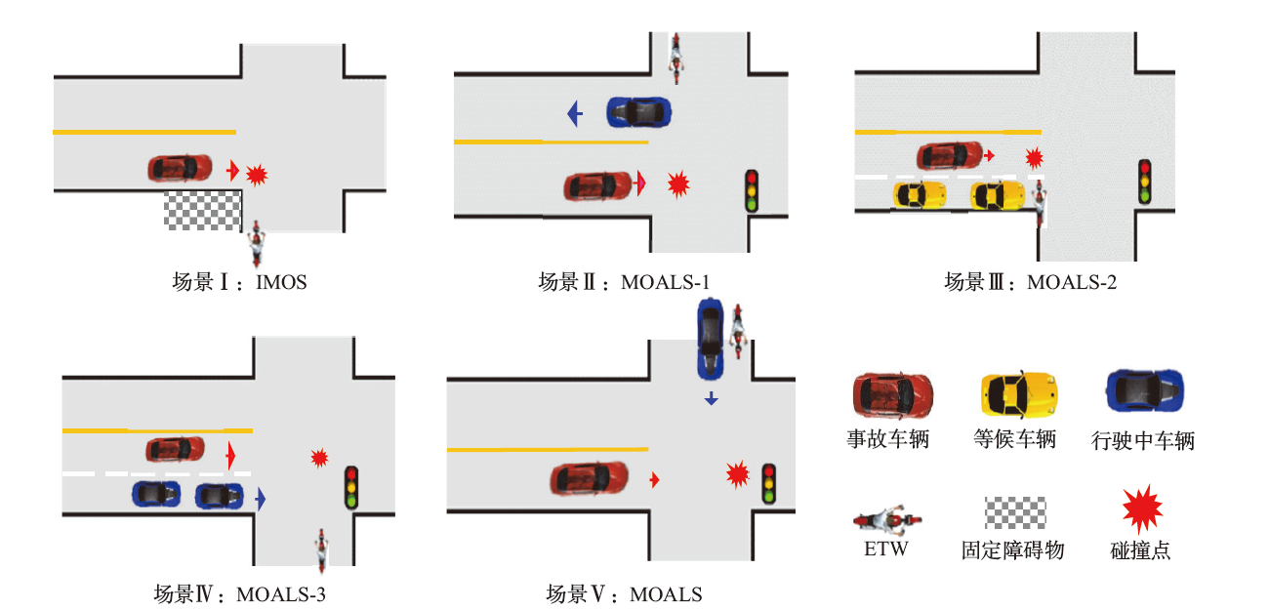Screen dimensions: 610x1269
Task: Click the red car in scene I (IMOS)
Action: tap(180, 168)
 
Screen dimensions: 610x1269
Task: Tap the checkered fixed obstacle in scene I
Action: tap(202, 211)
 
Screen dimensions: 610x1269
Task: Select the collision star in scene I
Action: tap(257, 175)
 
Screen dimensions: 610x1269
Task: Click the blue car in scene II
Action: tap(638, 111)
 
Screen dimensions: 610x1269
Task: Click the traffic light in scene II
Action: tap(752, 191)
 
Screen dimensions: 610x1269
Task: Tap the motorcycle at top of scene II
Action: tap(675, 58)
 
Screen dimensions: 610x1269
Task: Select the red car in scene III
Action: tap(950, 154)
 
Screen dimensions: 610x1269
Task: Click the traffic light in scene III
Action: tap(1145, 181)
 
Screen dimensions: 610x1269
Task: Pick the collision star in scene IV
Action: tap(319, 457)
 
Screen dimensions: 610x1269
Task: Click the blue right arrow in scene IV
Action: tap(261, 499)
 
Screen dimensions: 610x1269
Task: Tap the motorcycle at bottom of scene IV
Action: tap(319, 549)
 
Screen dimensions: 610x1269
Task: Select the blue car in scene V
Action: tap(710, 339)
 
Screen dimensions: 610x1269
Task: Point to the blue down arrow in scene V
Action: tap(711, 398)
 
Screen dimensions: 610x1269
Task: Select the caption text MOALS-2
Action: tap(1072, 283)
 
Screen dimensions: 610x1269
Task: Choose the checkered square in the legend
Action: tap(1014, 513)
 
